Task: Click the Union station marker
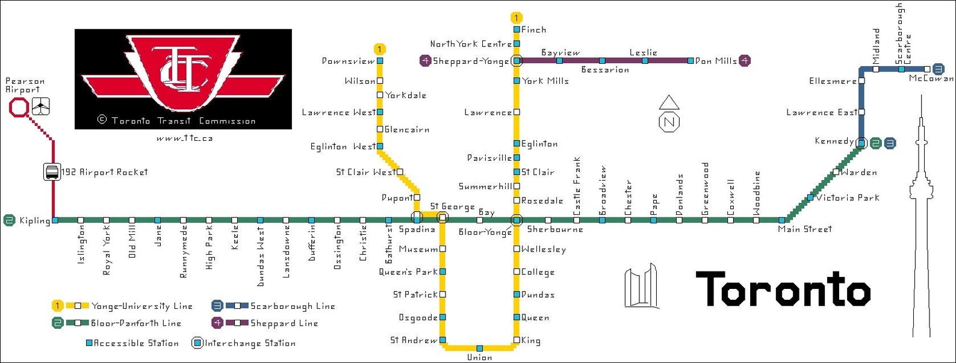point(479,348)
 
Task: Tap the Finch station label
point(534,29)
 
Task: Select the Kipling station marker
point(55,220)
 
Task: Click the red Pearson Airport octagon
point(19,108)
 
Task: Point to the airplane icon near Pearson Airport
point(41,106)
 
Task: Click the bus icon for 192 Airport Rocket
point(52,172)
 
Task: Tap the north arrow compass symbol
point(669,114)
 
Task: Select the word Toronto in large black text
point(783,289)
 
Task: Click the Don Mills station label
point(716,61)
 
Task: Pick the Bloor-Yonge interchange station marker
point(516,220)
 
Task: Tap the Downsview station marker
point(380,61)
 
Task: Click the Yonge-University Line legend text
point(141,306)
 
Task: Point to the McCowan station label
point(931,78)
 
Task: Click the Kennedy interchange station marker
point(861,143)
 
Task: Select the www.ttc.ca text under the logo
point(184,138)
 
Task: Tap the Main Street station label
point(804,229)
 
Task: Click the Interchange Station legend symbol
point(197,343)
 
